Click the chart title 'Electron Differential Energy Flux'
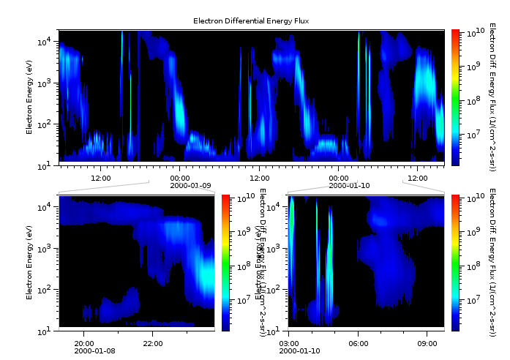251,21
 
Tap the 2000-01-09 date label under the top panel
180,185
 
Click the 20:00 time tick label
84,343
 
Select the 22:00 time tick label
152,343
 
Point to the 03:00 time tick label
289,343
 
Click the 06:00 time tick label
358,343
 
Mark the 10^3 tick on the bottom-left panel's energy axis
45,249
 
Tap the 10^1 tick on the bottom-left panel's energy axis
45,331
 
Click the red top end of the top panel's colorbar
455,33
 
